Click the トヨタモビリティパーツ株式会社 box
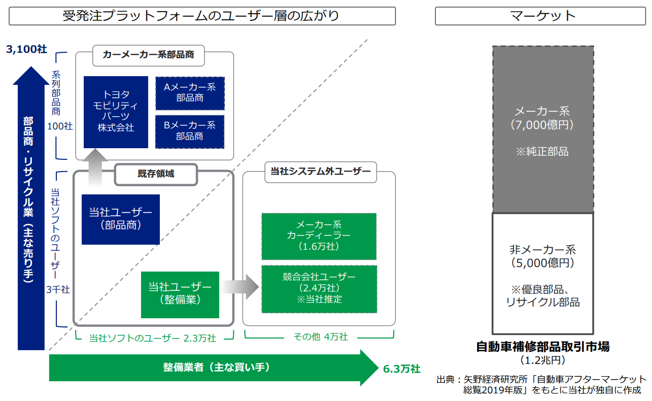[x=116, y=112]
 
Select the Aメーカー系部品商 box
[x=190, y=93]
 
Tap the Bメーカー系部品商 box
[x=190, y=131]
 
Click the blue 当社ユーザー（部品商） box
[x=120, y=219]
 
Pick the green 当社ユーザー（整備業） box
[x=180, y=293]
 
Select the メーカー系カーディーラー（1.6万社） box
[x=319, y=236]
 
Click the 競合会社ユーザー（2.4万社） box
[x=319, y=288]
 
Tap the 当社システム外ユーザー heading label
[x=318, y=172]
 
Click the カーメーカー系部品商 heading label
[x=148, y=55]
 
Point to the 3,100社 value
[x=26, y=49]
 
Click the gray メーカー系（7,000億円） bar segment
[x=543, y=129]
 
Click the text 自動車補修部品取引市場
[x=543, y=347]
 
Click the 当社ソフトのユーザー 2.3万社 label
[x=152, y=338]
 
